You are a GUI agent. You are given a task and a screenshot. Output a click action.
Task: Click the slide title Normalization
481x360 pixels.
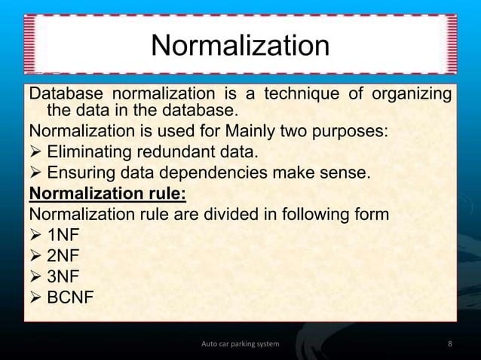[x=240, y=46]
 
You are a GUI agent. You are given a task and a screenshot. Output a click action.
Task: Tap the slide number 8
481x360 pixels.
[x=450, y=344]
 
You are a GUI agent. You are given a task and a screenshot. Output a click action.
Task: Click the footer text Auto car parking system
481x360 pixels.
[x=240, y=344]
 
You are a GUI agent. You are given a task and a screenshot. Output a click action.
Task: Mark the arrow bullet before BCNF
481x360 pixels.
[x=35, y=299]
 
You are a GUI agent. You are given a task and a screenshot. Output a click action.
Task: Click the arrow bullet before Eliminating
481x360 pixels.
[x=35, y=154]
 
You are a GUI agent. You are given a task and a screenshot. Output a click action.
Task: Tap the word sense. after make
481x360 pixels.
[x=348, y=174]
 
